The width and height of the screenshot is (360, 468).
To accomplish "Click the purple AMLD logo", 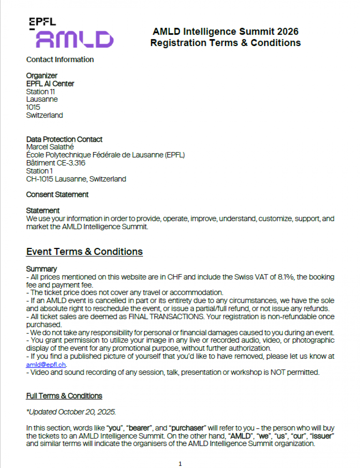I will click(x=75, y=39).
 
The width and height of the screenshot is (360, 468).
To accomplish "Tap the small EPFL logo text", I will click(x=42, y=22).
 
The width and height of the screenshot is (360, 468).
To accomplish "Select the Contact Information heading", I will click(x=60, y=60).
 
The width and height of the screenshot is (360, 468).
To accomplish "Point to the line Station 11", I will click(x=40, y=91).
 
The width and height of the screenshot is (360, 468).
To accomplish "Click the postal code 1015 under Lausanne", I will click(x=33, y=107).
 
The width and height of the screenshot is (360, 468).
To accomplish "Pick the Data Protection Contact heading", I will click(x=64, y=139).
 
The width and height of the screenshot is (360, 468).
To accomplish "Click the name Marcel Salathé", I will click(x=50, y=147).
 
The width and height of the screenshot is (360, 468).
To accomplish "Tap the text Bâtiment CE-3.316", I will click(x=56, y=163).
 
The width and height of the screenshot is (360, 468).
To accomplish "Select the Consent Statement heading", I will click(x=57, y=195).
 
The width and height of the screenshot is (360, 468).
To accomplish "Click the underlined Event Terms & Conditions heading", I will click(x=84, y=252).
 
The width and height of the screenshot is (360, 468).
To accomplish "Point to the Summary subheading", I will click(x=41, y=269).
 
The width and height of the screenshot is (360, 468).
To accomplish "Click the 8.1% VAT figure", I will click(x=286, y=277).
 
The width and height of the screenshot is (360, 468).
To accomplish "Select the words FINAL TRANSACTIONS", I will click(x=166, y=317).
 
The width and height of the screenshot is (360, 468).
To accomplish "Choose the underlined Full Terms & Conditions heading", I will click(x=64, y=396).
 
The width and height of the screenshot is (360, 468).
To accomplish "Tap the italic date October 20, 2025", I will click(x=87, y=412).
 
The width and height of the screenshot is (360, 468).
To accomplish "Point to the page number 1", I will click(x=180, y=464).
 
